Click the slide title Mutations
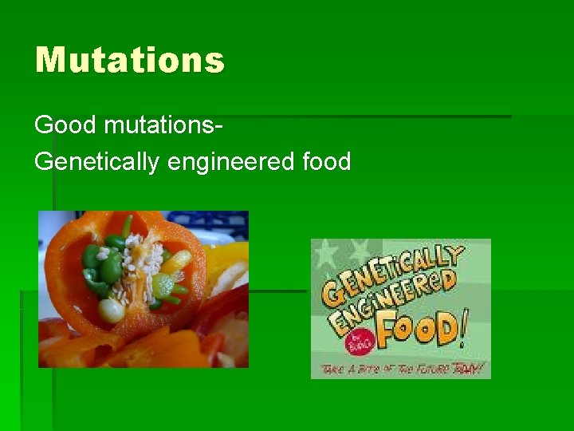click(x=130, y=61)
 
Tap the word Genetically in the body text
click(x=97, y=162)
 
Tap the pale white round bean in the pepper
click(x=112, y=310)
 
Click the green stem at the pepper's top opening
click(x=126, y=224)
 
